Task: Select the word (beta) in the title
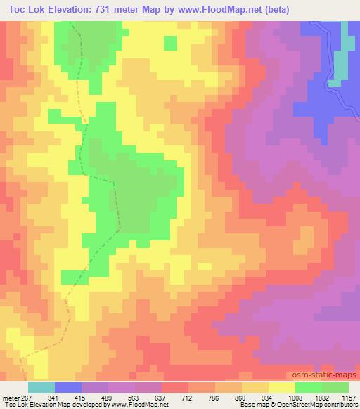point(269,9)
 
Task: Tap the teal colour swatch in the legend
point(41,387)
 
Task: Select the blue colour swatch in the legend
point(68,387)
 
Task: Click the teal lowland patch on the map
point(340,60)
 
